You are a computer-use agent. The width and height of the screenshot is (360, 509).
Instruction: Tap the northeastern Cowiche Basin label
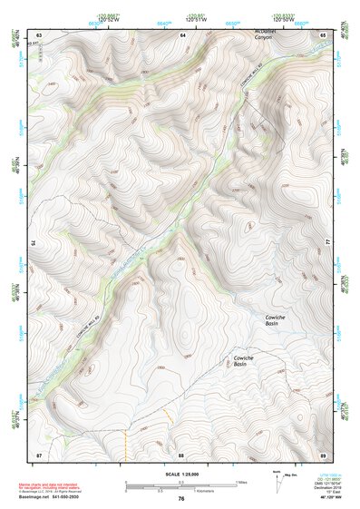point(272,320)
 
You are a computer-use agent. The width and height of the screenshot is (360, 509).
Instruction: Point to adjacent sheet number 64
point(182,34)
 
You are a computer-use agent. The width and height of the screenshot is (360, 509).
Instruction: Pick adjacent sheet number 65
point(324,34)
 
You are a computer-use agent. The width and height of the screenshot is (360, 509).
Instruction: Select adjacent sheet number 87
point(39,453)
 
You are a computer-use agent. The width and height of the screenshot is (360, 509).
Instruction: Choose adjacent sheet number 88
point(181,453)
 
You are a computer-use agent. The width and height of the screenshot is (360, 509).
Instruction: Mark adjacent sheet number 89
point(324,453)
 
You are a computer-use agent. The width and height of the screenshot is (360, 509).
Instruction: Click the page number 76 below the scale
point(181,498)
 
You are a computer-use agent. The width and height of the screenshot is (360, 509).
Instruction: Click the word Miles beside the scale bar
point(243,482)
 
